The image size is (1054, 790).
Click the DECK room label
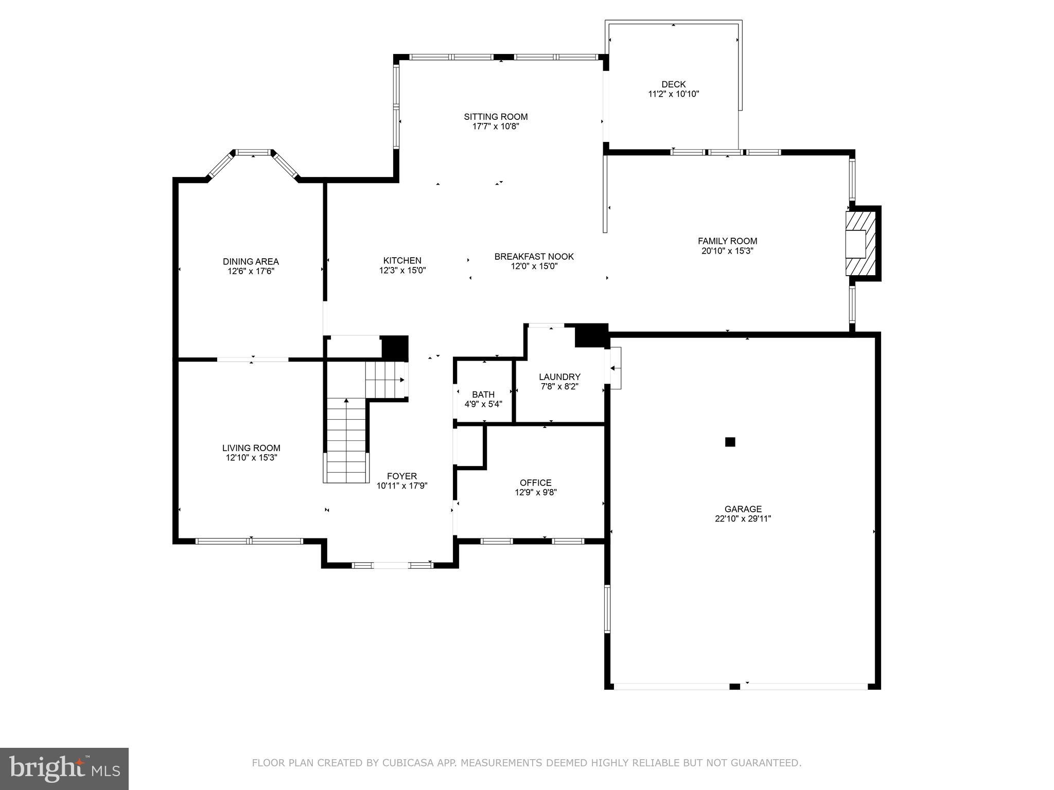[673, 84]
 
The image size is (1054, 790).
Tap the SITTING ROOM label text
[496, 117]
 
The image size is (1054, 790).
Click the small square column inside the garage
[730, 442]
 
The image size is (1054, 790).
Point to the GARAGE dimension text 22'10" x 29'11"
[743, 519]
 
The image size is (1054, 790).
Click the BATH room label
[483, 394]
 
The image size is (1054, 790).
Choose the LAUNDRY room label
[559, 377]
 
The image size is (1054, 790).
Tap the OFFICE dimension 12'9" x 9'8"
[536, 492]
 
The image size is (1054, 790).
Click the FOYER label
[402, 476]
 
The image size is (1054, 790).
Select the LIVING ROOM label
[251, 448]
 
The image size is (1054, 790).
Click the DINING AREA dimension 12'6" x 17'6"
[251, 271]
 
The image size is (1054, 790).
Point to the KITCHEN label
[402, 261]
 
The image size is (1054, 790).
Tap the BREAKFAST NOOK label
[534, 257]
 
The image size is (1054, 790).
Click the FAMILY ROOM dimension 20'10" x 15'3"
[727, 251]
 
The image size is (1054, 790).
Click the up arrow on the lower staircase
[346, 401]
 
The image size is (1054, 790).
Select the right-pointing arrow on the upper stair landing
[402, 380]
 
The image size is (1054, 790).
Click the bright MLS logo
[64, 768]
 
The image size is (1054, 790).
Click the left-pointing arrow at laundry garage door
[613, 368]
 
